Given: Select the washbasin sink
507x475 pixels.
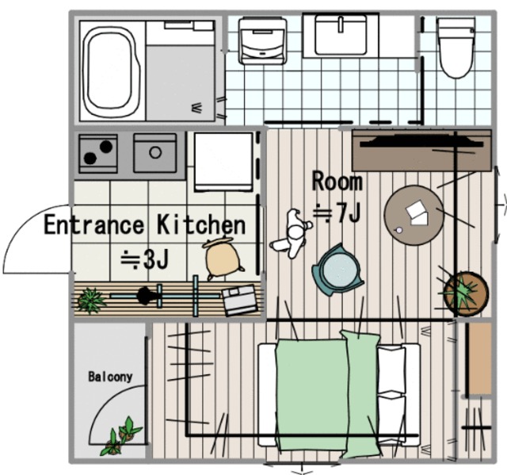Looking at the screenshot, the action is point(341,35).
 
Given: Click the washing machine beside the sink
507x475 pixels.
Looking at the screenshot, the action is point(262,41).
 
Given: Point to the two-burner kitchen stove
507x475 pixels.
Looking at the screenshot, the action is point(98,154).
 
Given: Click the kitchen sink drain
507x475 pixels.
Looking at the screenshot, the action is point(155,152).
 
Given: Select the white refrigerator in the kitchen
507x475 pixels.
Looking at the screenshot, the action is point(223,162).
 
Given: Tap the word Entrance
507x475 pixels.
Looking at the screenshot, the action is point(93,224).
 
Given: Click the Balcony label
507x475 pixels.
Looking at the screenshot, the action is point(110,377).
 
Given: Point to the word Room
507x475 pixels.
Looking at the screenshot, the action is point(337,182).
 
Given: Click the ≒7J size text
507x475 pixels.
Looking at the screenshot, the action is point(337,213).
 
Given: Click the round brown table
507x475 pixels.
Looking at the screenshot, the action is point(414,215).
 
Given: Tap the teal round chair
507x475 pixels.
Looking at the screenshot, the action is point(338,270).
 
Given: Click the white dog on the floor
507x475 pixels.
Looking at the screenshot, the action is point(292,234).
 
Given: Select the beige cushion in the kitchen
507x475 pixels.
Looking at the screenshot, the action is point(223,258).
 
